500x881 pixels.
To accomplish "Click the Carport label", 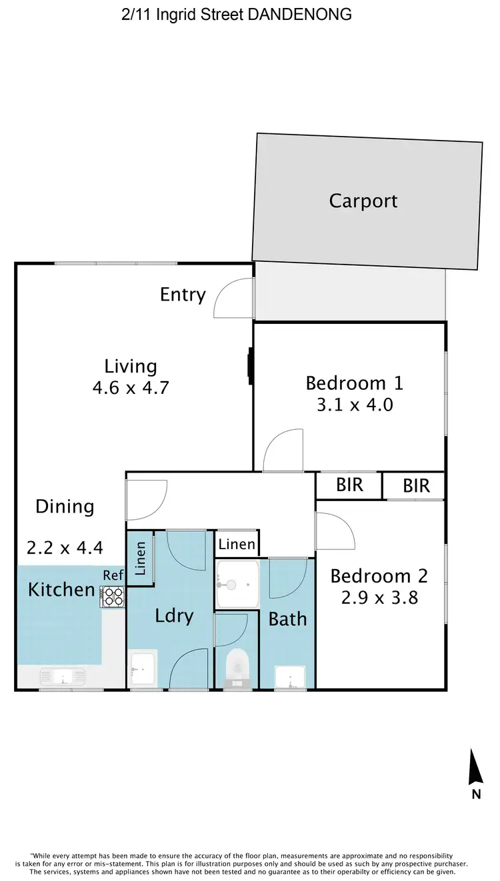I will click(363, 201).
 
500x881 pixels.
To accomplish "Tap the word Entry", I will click(183, 294).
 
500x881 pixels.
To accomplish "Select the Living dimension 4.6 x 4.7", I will click(131, 387).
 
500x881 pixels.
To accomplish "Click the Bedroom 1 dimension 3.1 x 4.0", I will click(355, 404).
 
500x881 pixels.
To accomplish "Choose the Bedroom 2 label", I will click(379, 576).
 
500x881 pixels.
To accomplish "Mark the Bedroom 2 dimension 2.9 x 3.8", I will click(379, 597).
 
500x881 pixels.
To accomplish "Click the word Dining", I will click(65, 506).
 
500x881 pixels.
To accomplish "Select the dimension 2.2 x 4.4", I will click(65, 548).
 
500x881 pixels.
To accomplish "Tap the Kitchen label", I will click(61, 589).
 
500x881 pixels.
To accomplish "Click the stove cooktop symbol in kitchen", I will click(112, 596).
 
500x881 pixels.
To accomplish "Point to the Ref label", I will click(113, 574).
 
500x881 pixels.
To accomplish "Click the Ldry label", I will click(174, 616).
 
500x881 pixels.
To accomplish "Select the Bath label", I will click(287, 619).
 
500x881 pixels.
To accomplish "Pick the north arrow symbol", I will click(475, 768).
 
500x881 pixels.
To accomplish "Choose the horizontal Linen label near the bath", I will click(237, 544).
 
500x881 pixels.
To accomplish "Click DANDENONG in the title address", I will click(299, 14).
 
